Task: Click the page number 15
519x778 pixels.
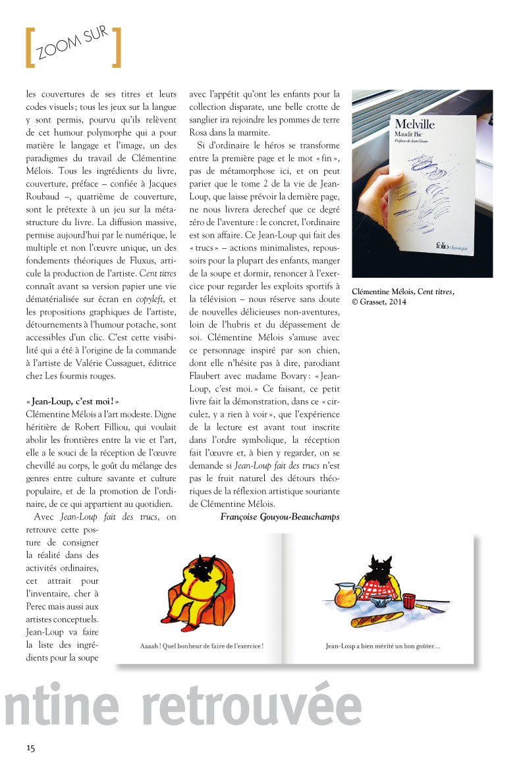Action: (x=31, y=748)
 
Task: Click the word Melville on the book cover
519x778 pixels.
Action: (x=414, y=123)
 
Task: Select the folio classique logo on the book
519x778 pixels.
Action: (x=452, y=246)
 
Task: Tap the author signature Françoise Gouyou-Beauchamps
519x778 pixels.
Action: (x=280, y=517)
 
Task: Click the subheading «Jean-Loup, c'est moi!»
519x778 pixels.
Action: (x=72, y=401)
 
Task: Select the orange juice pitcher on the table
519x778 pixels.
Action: (x=347, y=596)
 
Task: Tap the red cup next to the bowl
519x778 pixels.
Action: (x=410, y=602)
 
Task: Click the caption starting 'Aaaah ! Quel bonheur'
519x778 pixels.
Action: (x=202, y=646)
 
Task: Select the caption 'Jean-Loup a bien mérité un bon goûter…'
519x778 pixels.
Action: (x=383, y=646)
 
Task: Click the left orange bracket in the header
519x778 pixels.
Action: (x=28, y=47)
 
